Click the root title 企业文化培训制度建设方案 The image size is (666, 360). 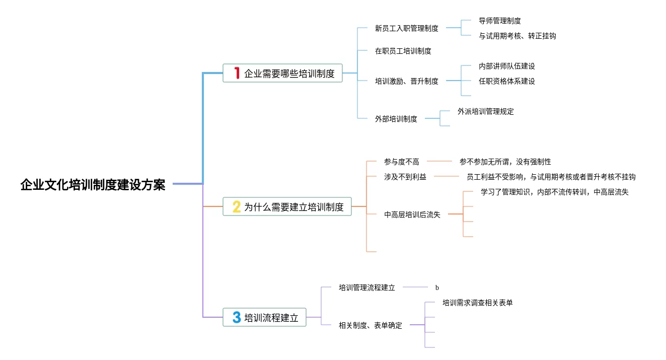(93, 185)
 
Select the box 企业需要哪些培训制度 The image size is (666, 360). (282, 74)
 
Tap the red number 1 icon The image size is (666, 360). (236, 74)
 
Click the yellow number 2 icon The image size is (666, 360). (236, 206)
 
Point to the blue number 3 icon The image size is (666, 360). (236, 317)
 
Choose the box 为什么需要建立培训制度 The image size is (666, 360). (287, 206)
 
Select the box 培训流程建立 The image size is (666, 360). (264, 318)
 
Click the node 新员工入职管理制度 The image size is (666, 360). (406, 29)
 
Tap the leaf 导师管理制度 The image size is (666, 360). (499, 21)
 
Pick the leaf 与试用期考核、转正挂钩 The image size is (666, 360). (517, 36)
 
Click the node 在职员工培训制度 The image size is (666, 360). (403, 51)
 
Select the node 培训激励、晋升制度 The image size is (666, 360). (406, 81)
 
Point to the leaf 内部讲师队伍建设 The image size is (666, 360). (506, 66)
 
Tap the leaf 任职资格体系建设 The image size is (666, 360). (506, 81)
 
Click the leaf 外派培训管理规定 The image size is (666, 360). (485, 112)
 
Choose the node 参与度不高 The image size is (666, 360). (401, 162)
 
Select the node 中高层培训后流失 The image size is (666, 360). (412, 214)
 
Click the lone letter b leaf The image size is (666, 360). (437, 288)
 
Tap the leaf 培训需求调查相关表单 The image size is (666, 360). (477, 303)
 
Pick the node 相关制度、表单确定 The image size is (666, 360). (370, 325)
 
